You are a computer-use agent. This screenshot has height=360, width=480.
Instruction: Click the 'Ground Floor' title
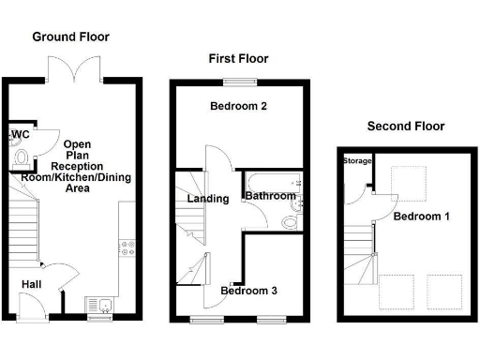pyautogui.click(x=70, y=37)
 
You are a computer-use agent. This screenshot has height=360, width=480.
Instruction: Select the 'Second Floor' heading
pyautogui.click(x=405, y=126)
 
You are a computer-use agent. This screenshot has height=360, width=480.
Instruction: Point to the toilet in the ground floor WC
pyautogui.click(x=20, y=157)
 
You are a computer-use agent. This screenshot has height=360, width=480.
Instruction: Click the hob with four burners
pyautogui.click(x=127, y=247)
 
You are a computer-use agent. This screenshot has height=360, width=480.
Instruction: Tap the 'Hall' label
pyautogui.click(x=32, y=284)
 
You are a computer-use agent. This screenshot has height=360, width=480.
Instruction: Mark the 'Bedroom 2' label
pyautogui.click(x=238, y=107)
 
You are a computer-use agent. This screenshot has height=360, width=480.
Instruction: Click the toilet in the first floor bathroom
pyautogui.click(x=291, y=221)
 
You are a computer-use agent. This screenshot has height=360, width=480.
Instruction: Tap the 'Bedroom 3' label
pyautogui.click(x=248, y=291)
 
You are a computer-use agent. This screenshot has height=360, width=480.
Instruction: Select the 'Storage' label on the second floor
pyautogui.click(x=356, y=161)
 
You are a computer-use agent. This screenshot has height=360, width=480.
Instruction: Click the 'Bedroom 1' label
pyautogui.click(x=421, y=217)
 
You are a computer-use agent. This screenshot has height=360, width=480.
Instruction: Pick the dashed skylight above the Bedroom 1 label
pyautogui.click(x=410, y=179)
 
